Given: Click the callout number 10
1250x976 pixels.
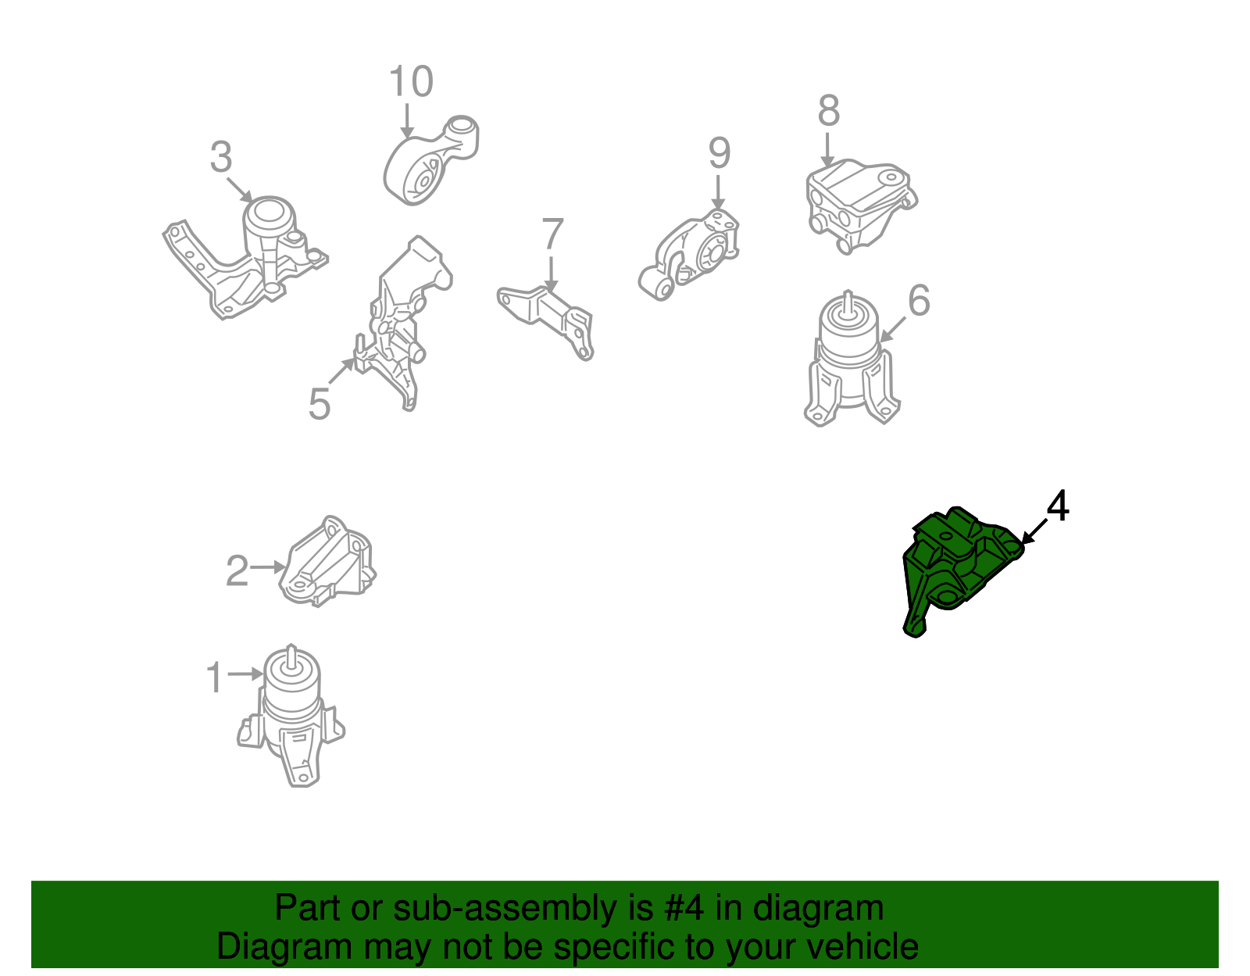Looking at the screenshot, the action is tap(411, 81).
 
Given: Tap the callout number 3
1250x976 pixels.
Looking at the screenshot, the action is tap(221, 156).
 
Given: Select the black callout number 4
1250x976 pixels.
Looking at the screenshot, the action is tap(1058, 506).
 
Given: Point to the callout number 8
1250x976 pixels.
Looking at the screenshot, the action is tap(828, 110).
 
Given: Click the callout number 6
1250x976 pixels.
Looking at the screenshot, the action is tap(919, 300).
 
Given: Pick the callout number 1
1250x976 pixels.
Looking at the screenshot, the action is tap(215, 677).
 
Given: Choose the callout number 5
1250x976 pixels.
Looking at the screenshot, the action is tap(320, 404).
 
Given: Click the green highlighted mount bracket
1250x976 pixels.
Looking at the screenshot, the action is tap(962, 570).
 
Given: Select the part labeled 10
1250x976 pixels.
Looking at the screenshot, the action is tap(430, 160).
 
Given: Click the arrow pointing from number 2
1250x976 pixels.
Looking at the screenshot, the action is tap(267, 567).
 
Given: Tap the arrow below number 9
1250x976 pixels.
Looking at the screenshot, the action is tap(718, 192).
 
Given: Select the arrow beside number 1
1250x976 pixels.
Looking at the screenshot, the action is tap(246, 674).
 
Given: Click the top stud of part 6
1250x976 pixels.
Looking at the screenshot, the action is tap(848, 302).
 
